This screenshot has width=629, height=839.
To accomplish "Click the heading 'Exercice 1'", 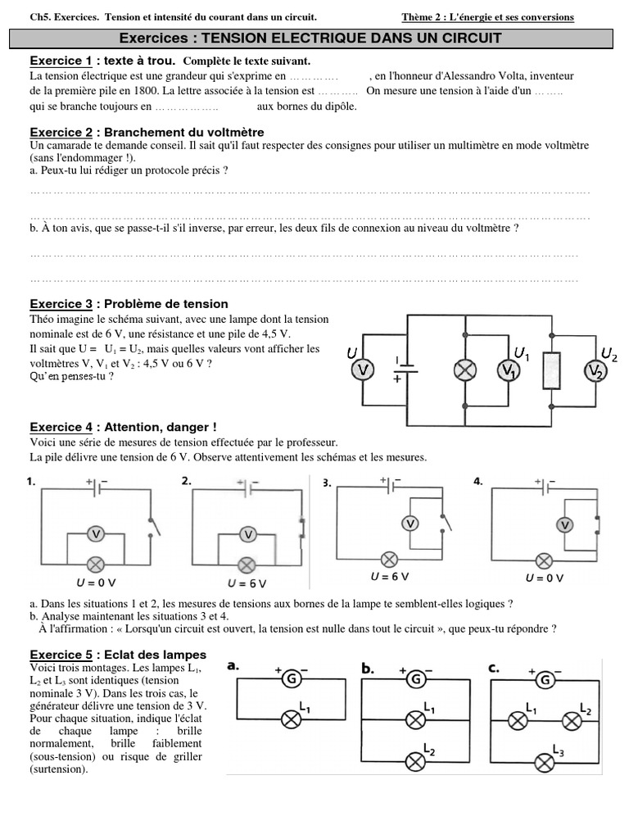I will coord(61,61).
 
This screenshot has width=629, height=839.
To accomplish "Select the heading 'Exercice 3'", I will coord(61,304).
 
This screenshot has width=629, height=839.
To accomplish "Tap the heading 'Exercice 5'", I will coord(61,655).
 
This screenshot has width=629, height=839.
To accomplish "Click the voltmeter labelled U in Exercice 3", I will coord(363,371).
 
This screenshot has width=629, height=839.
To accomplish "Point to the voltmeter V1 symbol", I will coord(509,370).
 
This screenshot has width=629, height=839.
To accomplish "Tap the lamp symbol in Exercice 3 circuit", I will coord(465,370).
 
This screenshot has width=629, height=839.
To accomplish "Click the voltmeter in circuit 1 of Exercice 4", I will coord(95,534).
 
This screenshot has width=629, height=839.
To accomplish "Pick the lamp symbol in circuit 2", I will coord(247,565).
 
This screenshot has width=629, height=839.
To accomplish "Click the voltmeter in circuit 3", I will coord(411,523).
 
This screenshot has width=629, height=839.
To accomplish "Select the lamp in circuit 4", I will coord(543,560).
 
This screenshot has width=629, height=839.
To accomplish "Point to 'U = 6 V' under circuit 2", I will coord(247,583).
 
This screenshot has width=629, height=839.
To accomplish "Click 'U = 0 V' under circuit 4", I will coord(544,578).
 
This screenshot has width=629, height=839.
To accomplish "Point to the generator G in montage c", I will coord(545,678).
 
